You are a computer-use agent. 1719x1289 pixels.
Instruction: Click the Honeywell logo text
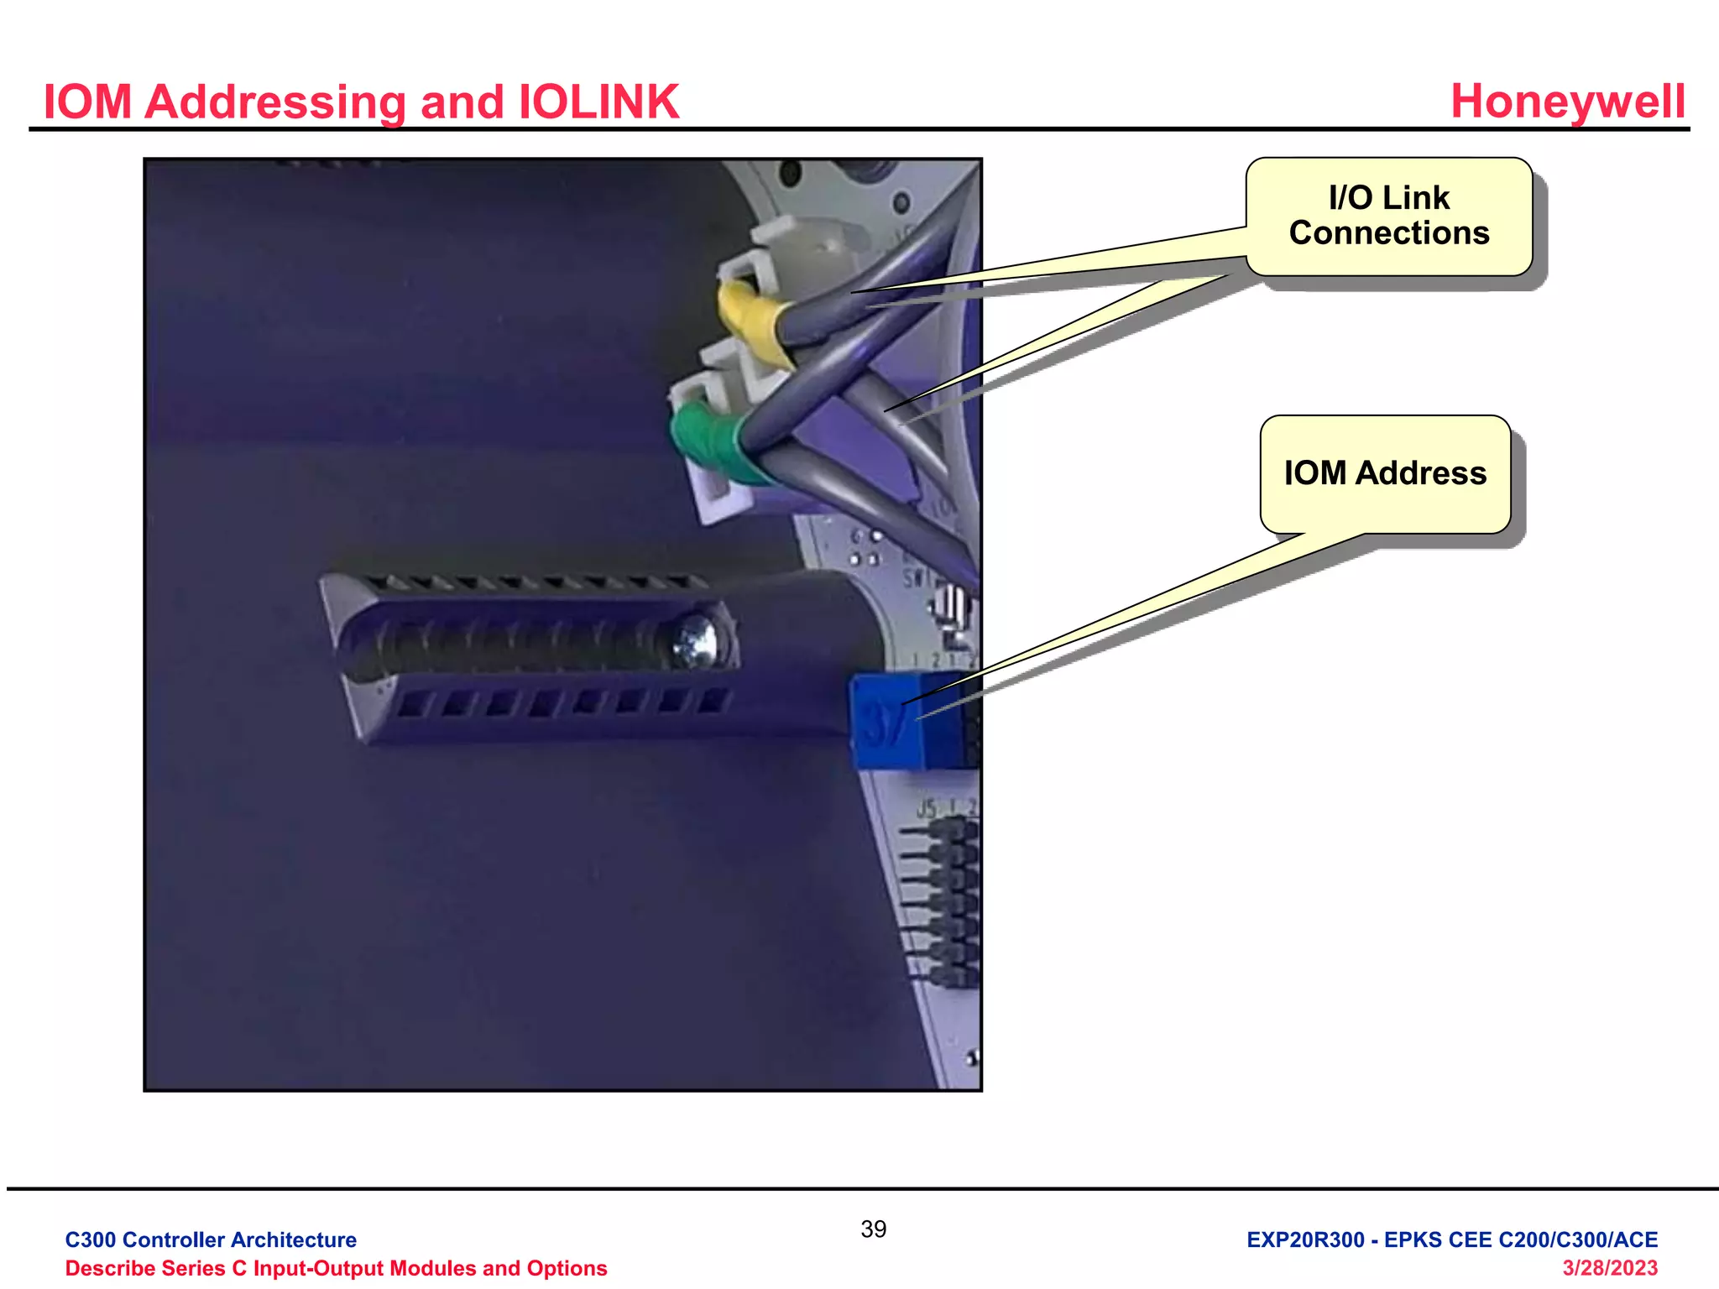(x=1567, y=102)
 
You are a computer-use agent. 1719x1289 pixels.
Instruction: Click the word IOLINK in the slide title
(x=599, y=102)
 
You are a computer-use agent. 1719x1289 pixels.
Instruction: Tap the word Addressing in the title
(x=275, y=102)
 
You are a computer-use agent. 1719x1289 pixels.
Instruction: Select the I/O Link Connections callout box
(x=1389, y=217)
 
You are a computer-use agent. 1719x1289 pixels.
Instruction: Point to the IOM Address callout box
(x=1385, y=474)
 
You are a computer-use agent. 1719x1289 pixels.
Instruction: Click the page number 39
(x=873, y=1229)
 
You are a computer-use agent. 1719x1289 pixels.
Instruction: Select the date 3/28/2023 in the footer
(x=1609, y=1268)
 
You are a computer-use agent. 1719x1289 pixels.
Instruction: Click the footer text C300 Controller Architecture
(x=211, y=1239)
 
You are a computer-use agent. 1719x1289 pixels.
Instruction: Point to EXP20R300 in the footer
(x=1305, y=1239)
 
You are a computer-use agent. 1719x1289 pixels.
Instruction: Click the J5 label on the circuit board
(x=926, y=808)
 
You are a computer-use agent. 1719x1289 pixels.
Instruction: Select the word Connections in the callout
(x=1389, y=233)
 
